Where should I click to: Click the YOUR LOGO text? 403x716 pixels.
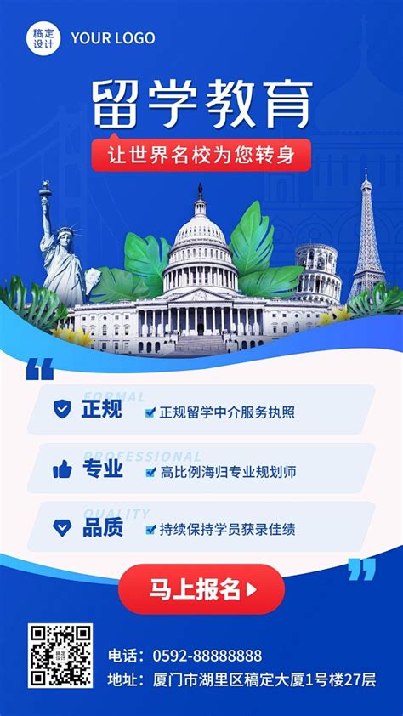pos(113,38)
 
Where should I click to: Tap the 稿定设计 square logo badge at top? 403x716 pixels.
pos(42,38)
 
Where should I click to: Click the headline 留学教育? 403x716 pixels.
pos(201,103)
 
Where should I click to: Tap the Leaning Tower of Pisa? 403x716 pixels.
pos(319,272)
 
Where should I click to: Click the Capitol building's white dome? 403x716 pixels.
pos(201,230)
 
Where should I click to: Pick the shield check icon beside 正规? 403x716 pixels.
pos(62,410)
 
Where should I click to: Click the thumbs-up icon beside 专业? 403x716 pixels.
pos(62,469)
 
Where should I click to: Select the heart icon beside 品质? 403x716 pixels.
pos(62,527)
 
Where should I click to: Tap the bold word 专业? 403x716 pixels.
pos(102,469)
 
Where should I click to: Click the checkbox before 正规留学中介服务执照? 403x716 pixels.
pos(150,412)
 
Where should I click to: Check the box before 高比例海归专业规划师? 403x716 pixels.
pos(150,471)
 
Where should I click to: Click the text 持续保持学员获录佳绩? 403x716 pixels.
pos(227,529)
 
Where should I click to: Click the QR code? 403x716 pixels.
pos(60,656)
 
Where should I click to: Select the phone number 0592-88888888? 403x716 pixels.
pos(207,656)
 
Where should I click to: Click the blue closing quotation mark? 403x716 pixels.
pos(361,569)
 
